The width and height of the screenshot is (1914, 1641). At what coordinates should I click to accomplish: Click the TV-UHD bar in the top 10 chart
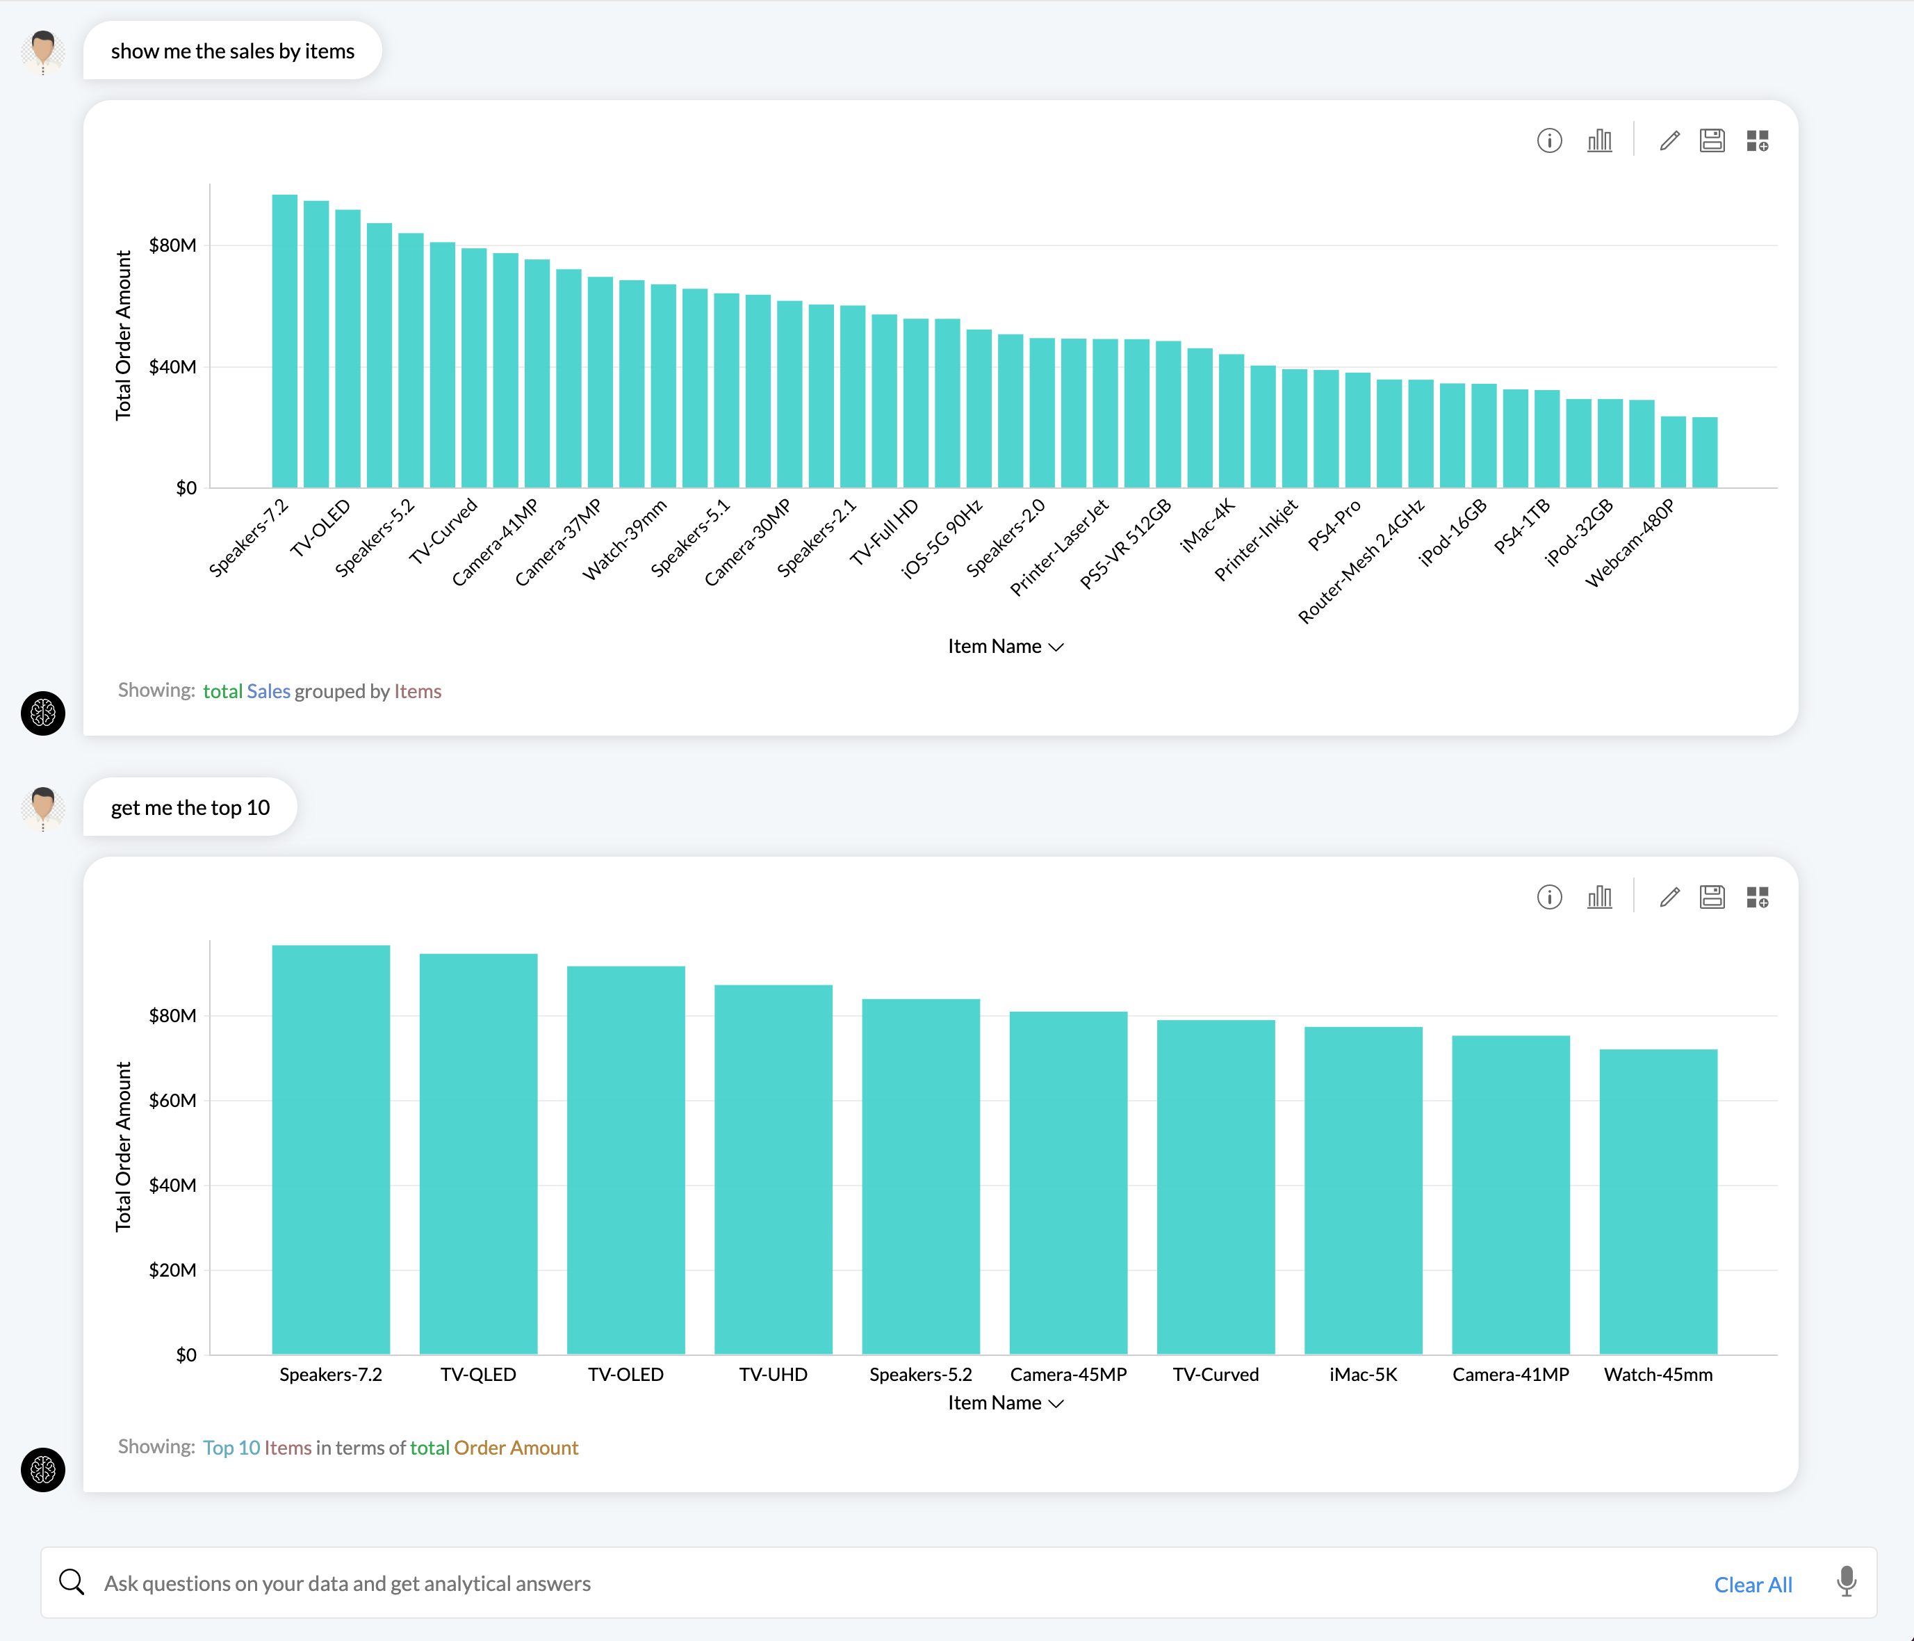tap(773, 1169)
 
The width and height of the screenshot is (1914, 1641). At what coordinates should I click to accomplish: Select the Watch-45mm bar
tap(1658, 1201)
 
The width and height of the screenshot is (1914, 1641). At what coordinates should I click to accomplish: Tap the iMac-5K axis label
tap(1362, 1374)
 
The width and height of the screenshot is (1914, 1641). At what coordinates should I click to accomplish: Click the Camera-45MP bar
tap(1068, 1183)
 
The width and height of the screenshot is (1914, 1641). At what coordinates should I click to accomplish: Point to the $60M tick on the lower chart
tap(173, 1101)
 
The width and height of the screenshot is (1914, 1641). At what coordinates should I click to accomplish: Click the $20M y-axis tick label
tap(173, 1270)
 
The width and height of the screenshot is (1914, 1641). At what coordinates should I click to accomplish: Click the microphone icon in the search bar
tap(1846, 1582)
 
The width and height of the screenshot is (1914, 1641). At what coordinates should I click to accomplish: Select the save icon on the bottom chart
tap(1712, 897)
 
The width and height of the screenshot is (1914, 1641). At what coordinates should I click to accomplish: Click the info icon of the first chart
tap(1549, 140)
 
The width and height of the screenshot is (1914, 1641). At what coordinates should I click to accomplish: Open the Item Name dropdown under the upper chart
tap(1005, 647)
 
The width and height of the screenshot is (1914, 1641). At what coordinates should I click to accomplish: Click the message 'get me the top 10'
tap(190, 807)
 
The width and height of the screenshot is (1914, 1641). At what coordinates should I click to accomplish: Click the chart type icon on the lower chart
tap(1599, 897)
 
